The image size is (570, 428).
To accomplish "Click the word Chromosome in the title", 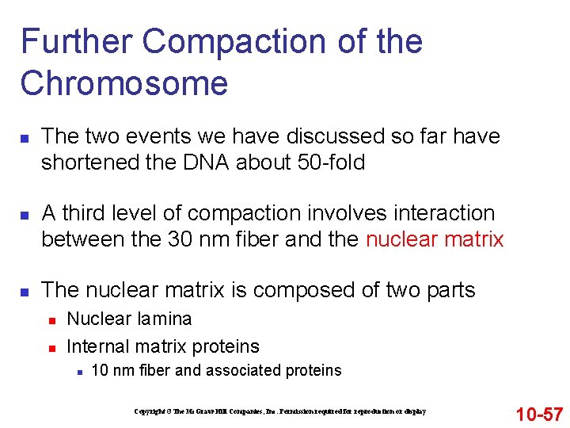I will click(124, 83).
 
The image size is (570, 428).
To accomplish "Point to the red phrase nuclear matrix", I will click(435, 239).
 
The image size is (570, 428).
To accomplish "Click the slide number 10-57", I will click(539, 414).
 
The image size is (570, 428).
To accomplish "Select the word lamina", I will click(165, 319).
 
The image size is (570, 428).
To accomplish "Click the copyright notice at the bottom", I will click(280, 411).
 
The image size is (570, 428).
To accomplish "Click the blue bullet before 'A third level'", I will click(24, 215).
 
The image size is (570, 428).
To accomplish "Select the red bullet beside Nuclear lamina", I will click(50, 320).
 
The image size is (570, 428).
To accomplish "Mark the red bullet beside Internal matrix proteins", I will click(50, 348).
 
